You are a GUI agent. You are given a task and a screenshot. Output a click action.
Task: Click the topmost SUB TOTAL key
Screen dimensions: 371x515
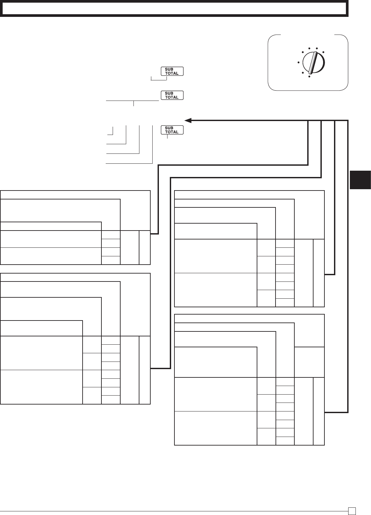coord(172,71)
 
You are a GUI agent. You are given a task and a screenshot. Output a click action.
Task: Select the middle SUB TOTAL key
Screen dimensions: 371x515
coord(172,95)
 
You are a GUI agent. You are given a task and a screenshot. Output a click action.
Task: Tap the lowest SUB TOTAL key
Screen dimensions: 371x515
coord(172,130)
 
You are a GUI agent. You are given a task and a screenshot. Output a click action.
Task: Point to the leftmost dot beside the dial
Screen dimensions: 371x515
coord(298,62)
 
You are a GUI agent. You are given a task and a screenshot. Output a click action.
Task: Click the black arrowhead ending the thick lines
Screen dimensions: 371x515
coord(188,120)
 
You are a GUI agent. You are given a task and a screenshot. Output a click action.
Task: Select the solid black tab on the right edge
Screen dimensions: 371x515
coord(360,180)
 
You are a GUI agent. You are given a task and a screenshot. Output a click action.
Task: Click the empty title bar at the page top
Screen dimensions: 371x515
coord(174,9)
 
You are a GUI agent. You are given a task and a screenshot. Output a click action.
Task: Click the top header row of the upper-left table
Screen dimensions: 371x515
coord(75,195)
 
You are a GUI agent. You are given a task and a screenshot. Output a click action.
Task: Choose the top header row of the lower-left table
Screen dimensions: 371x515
coord(75,277)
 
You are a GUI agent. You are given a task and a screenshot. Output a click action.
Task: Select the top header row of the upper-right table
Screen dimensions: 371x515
coord(249,195)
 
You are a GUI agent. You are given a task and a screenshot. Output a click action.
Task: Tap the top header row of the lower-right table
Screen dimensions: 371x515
coord(249,318)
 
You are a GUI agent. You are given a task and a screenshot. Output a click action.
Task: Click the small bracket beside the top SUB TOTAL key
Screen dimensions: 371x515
coord(159,79)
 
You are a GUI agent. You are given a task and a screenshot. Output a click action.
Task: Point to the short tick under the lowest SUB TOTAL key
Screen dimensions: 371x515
coord(167,137)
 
